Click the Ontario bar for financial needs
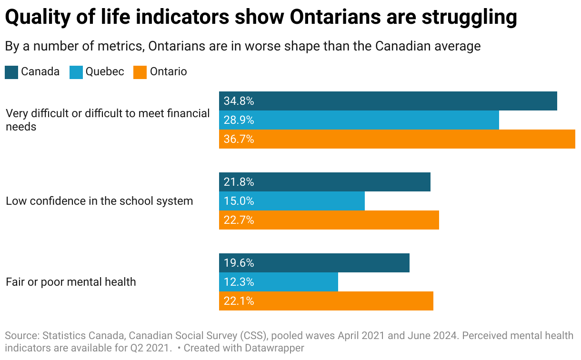tap(397, 139)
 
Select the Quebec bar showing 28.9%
tap(359, 120)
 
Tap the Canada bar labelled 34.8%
tap(388, 101)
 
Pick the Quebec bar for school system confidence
tap(291, 201)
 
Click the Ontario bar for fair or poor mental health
tap(326, 301)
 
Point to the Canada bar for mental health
tap(314, 263)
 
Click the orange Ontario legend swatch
tap(140, 72)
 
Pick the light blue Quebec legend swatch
tap(76, 72)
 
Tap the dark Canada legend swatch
tap(11, 72)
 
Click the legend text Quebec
tap(105, 72)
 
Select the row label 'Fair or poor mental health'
tap(71, 282)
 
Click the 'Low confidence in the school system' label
tap(99, 201)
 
